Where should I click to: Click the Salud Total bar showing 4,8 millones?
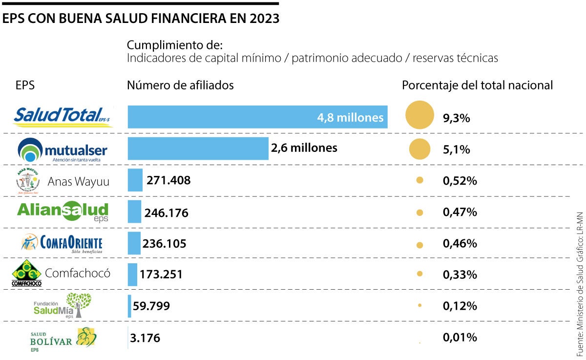click(x=257, y=117)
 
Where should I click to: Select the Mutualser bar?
click(x=198, y=148)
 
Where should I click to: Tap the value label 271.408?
click(x=168, y=180)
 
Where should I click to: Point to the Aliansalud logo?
click(x=63, y=211)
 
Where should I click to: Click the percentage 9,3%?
click(x=456, y=118)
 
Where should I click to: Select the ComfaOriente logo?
click(x=62, y=243)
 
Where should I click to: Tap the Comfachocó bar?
click(x=132, y=275)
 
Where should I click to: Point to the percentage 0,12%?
click(x=460, y=306)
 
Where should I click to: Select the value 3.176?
click(x=145, y=338)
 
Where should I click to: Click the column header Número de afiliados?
click(x=180, y=85)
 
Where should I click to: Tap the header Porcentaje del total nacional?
click(x=477, y=85)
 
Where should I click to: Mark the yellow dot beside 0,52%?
click(x=419, y=181)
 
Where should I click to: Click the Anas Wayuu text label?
click(x=78, y=182)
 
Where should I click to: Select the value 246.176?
click(x=167, y=213)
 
